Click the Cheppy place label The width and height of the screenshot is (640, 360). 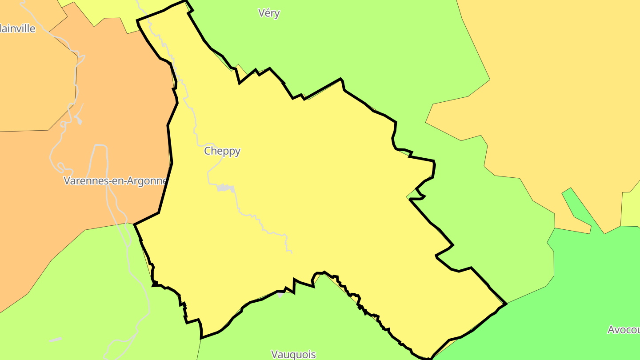click(222, 151)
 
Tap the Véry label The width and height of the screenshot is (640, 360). click(269, 13)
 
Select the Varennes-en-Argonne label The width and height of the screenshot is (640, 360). click(116, 181)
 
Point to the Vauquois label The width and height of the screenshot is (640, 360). click(293, 354)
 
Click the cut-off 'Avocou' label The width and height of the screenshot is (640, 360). click(623, 330)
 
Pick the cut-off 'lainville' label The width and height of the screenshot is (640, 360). click(18, 28)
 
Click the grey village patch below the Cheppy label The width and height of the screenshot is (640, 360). click(225, 188)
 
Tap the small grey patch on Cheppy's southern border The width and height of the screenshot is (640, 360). click(280, 294)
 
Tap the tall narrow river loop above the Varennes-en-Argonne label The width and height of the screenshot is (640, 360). click(101, 164)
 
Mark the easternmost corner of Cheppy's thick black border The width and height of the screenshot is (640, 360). click(506, 304)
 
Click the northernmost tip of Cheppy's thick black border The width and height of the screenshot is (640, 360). click(185, 1)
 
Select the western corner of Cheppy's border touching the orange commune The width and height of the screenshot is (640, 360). click(135, 224)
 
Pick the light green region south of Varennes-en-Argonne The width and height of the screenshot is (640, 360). click(89, 289)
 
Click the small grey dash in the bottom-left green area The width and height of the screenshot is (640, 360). click(56, 340)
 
